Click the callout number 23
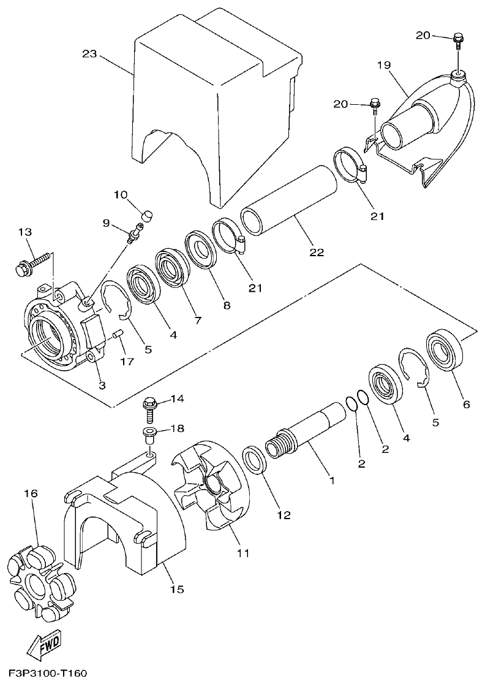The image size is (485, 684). click(x=89, y=54)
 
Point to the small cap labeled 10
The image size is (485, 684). click(x=146, y=215)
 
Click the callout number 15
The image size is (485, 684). click(x=176, y=590)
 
